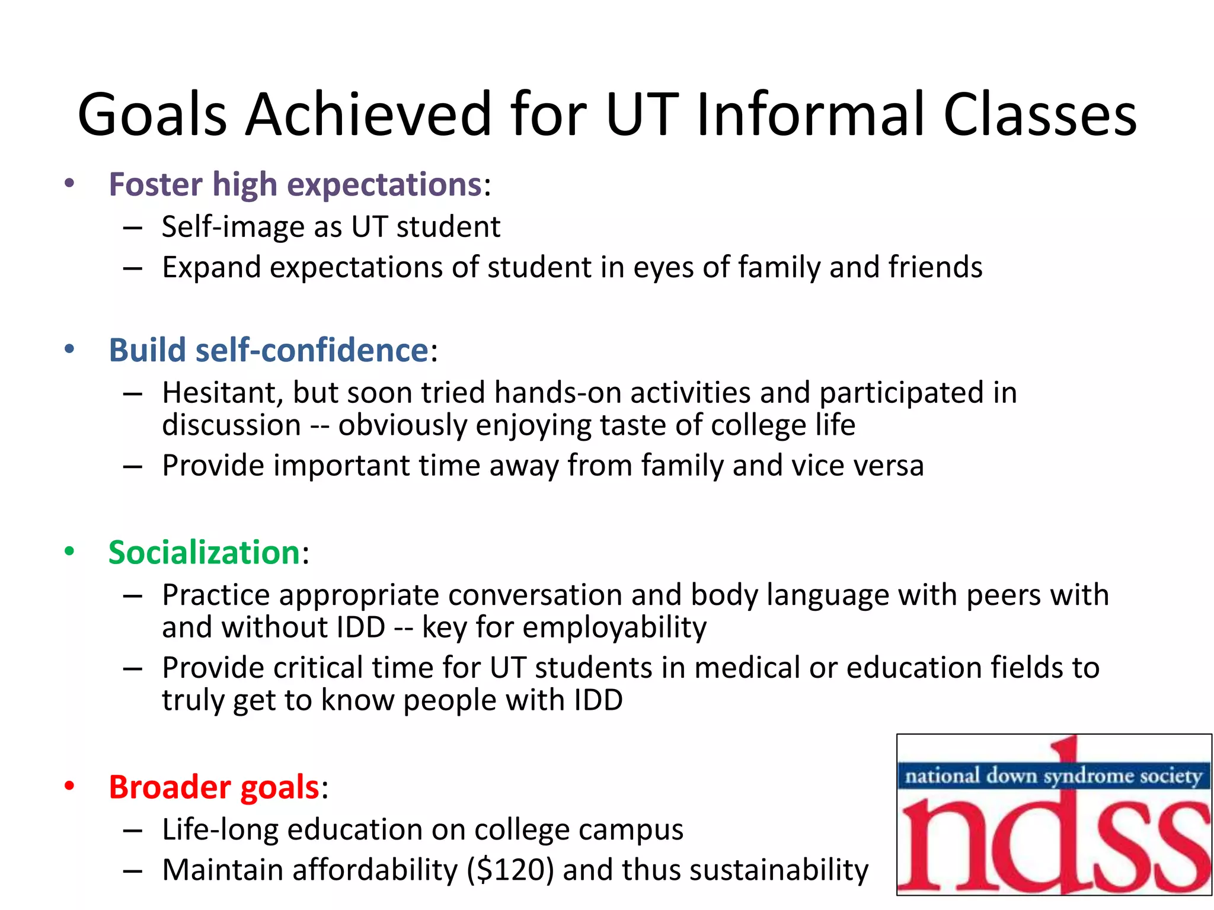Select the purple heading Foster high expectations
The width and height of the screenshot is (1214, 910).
(295, 184)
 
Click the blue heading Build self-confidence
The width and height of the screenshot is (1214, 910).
(268, 350)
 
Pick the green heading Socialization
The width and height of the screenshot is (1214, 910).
(204, 553)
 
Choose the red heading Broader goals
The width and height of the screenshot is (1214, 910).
(214, 787)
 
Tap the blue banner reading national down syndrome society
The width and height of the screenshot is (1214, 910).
(1053, 776)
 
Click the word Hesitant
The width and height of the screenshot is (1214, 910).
(222, 393)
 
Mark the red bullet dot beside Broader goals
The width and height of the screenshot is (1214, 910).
(69, 786)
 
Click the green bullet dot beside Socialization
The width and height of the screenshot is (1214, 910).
(69, 552)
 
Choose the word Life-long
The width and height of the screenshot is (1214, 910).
(220, 829)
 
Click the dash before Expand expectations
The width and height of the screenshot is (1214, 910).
(133, 268)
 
